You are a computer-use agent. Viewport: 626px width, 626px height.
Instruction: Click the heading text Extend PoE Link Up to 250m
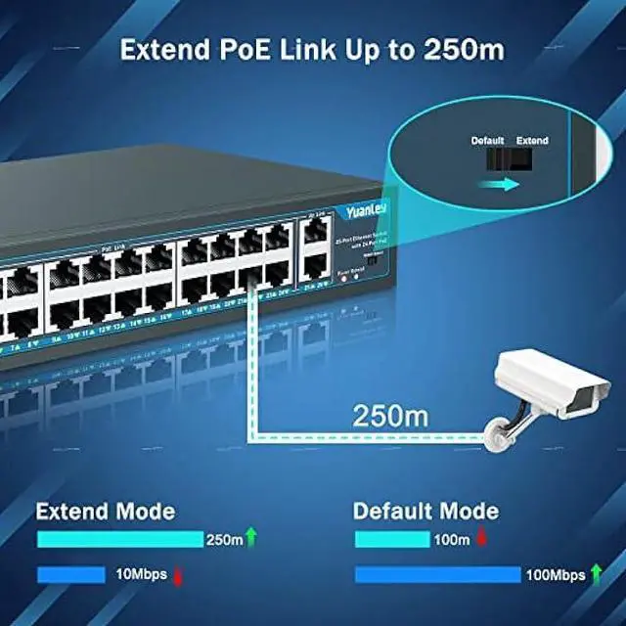(313, 50)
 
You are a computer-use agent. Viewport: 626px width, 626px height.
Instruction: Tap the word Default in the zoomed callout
(487, 141)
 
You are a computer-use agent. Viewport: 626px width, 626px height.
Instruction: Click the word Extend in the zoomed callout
(532, 141)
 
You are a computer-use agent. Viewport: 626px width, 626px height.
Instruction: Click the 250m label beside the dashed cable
(390, 414)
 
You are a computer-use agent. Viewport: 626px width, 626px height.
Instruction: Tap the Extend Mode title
(106, 511)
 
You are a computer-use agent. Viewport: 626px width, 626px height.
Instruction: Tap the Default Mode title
(425, 511)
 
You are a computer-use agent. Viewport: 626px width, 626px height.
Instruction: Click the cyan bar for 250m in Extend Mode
(119, 539)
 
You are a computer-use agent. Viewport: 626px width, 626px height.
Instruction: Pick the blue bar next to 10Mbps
(70, 575)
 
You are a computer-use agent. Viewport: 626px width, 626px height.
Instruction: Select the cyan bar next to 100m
(391, 539)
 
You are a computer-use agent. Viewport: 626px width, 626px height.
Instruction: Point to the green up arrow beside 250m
(251, 537)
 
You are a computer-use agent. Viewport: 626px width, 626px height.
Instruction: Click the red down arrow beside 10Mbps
(178, 576)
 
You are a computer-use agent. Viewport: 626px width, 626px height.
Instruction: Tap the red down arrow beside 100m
(481, 539)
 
